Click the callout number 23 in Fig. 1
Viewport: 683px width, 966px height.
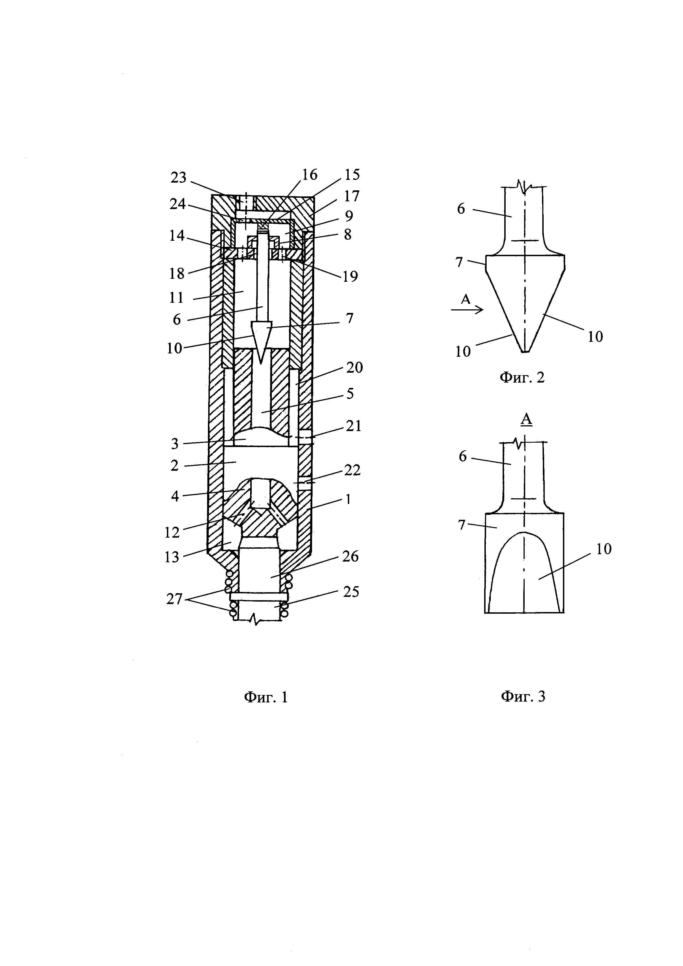point(178,178)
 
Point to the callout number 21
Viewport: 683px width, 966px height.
point(354,426)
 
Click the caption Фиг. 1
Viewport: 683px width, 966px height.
point(266,697)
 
